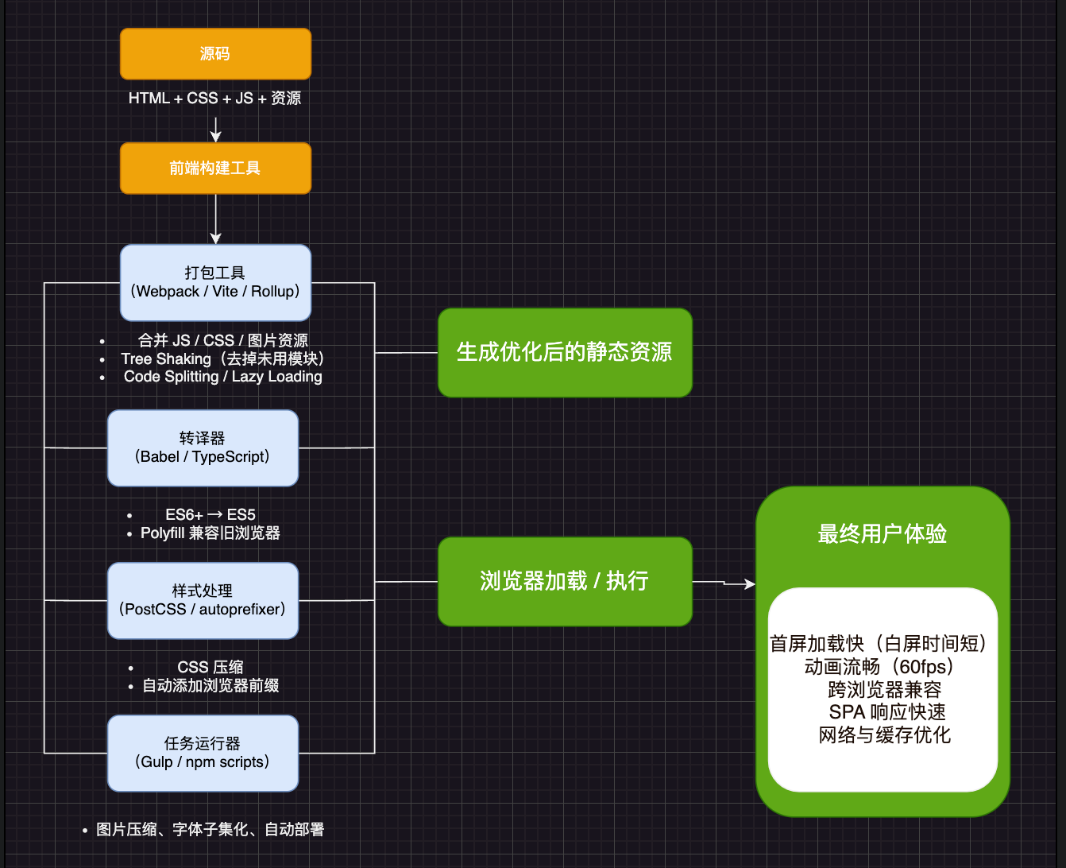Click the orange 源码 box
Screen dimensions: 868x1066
tap(215, 54)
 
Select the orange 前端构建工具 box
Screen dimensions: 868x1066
tap(215, 168)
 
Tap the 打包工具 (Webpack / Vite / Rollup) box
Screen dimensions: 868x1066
tap(215, 282)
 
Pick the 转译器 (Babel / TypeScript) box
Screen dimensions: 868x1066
tap(203, 448)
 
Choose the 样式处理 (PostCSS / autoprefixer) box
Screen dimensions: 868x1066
tap(203, 600)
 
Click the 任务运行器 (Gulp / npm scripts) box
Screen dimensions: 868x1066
tap(203, 753)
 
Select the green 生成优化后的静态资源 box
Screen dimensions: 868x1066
tap(565, 352)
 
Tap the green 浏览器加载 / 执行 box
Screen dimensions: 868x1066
tap(565, 581)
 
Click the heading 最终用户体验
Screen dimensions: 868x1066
tap(882, 534)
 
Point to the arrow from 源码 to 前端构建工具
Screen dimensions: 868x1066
tap(215, 129)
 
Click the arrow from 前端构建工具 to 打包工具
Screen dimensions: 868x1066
tap(215, 219)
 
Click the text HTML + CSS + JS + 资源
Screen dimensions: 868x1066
tap(215, 99)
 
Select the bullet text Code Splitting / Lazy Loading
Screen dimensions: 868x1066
tap(223, 377)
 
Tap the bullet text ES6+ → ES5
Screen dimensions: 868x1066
tap(210, 515)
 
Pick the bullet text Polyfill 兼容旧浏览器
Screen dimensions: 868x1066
tap(210, 533)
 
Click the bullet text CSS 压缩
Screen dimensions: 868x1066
tap(210, 667)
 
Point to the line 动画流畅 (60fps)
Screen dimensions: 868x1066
tap(879, 667)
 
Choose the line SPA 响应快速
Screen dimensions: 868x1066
tap(887, 712)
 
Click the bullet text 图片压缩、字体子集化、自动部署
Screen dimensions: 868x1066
tap(210, 830)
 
